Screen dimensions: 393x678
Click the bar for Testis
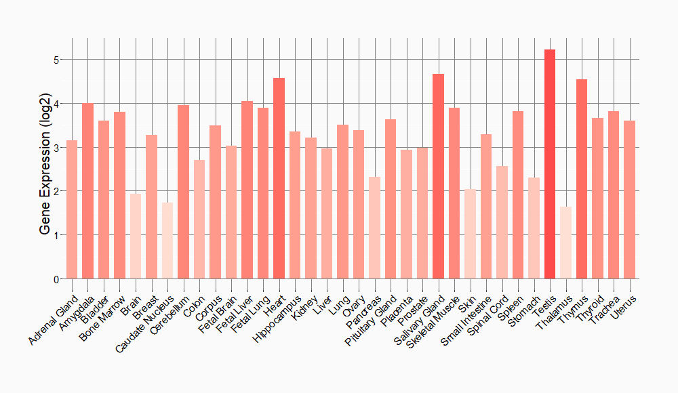[x=550, y=164]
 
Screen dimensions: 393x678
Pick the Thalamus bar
[x=565, y=243]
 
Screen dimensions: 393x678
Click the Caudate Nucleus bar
[x=167, y=241]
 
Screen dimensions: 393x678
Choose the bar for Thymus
[x=582, y=179]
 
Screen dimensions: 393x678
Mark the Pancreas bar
[x=374, y=228]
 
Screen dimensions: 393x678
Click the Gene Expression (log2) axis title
[x=45, y=169]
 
